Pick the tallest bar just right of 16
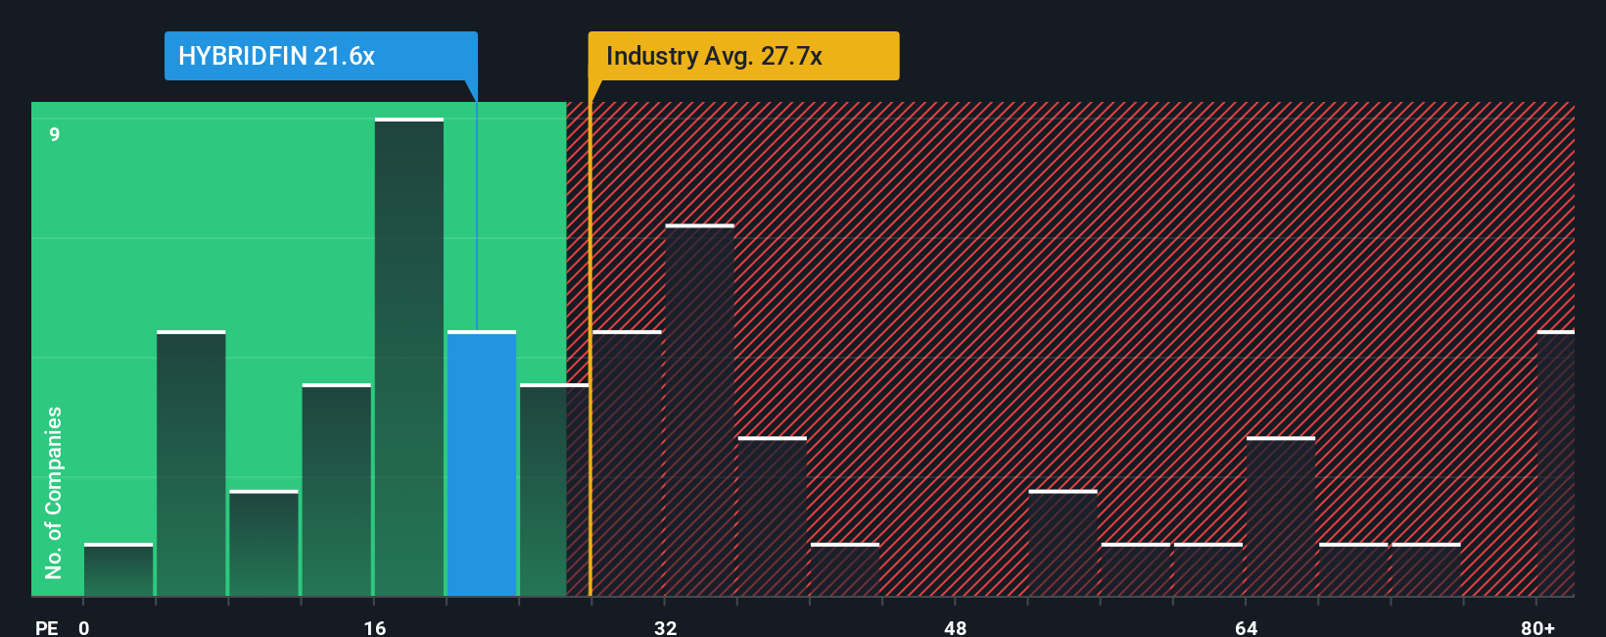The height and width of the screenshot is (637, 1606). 409,358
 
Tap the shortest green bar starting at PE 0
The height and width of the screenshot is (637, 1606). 118,569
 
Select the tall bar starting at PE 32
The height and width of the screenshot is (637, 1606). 699,411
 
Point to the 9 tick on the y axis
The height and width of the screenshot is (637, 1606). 55,134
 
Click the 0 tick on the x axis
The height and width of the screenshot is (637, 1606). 84,627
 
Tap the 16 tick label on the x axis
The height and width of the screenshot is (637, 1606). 374,627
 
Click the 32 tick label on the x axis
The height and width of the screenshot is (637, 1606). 665,627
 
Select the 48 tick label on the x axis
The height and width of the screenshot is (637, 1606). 955,627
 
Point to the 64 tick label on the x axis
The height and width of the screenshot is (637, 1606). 1246,627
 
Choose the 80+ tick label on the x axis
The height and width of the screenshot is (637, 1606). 1537,627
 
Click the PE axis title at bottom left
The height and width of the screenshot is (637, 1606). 46,627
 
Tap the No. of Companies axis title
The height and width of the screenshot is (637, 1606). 54,492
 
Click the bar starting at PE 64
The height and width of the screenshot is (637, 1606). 1281,516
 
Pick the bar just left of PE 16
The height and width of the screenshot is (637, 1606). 337,490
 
